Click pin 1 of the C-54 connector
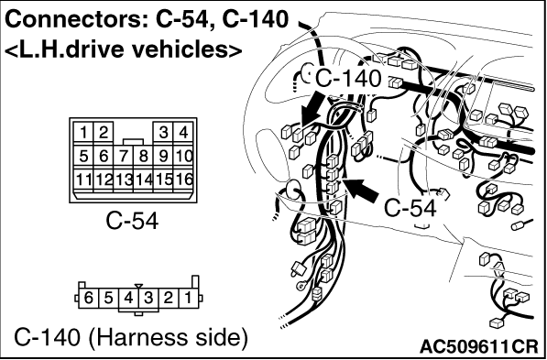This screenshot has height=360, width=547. pos(83,133)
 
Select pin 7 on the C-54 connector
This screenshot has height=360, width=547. pos(123,157)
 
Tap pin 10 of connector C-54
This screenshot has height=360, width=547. pos(183,157)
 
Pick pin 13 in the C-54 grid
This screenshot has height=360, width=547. pos(123,180)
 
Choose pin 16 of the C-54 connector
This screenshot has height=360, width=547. pos(183,180)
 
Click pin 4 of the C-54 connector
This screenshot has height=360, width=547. pos(183,133)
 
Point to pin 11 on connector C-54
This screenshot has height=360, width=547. pos(83,180)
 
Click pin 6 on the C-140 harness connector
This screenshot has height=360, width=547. pos(89,299)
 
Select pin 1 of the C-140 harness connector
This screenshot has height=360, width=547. pos(189,299)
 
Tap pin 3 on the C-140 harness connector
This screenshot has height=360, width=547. pos(148,299)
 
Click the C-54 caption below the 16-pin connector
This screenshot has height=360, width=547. pos(132,221)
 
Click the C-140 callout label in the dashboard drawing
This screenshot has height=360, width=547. pos(347,79)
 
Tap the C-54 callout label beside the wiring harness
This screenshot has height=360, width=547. pos(410,208)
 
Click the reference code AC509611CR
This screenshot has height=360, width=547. pos(478,346)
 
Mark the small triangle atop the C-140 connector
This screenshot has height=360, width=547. pos(139,287)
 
